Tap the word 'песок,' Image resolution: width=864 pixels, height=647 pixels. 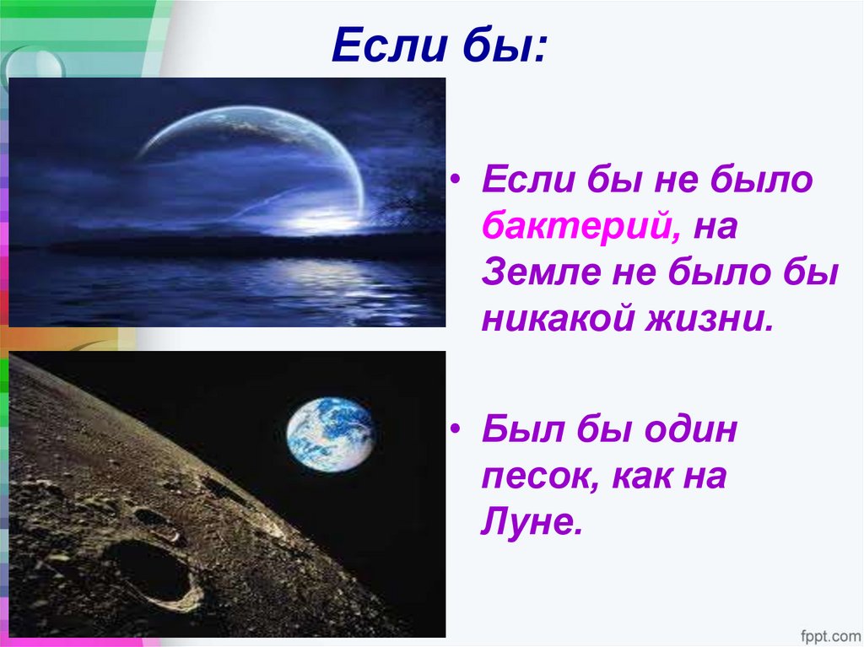(x=534, y=477)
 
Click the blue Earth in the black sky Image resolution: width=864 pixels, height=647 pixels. (x=329, y=434)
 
